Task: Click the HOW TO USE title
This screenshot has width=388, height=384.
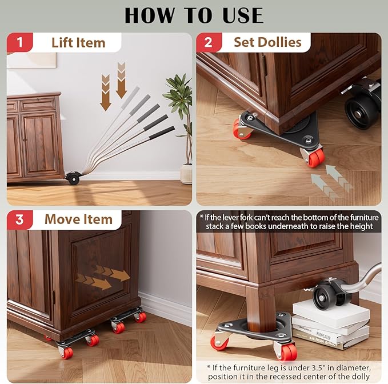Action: [194, 15]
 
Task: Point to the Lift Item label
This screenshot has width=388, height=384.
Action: [78, 43]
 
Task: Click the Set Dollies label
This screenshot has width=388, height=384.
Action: [267, 42]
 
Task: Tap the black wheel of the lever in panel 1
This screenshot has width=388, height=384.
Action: [73, 178]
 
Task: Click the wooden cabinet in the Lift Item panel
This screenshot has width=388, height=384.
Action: [34, 137]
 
